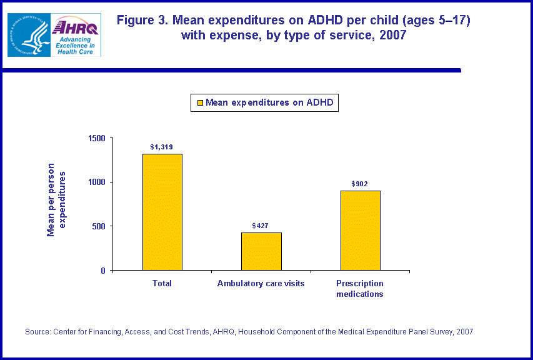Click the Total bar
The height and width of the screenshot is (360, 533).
click(x=162, y=212)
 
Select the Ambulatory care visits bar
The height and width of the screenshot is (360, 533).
click(x=261, y=251)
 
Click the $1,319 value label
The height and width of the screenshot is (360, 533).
click(x=162, y=147)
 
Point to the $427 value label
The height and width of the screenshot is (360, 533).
click(x=261, y=225)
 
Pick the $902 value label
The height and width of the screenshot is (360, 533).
click(x=360, y=184)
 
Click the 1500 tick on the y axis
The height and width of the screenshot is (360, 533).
click(x=97, y=138)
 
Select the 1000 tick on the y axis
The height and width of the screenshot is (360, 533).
click(x=97, y=182)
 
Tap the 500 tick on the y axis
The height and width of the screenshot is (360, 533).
click(x=99, y=226)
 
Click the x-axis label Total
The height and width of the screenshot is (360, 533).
click(x=162, y=284)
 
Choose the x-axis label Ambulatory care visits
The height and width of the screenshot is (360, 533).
click(x=261, y=284)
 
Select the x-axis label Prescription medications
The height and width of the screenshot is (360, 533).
click(x=360, y=289)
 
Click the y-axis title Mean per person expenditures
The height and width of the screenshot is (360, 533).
click(x=56, y=200)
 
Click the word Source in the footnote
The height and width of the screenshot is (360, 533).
click(x=37, y=332)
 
